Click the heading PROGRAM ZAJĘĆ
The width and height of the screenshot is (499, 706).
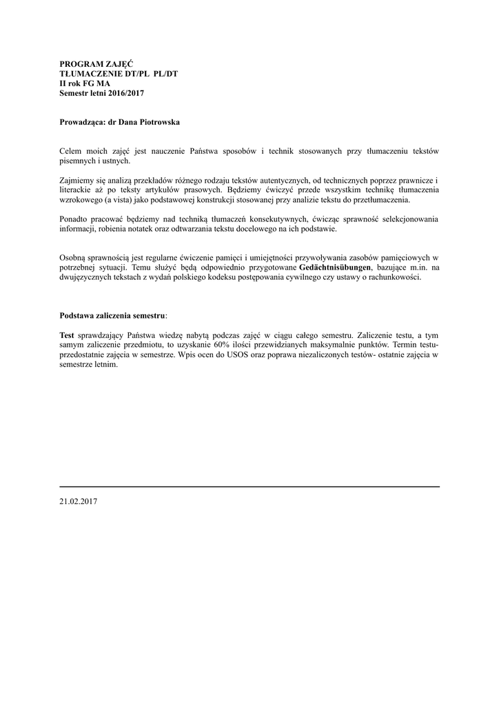click(91, 64)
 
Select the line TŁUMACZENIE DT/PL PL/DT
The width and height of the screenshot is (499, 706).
click(119, 74)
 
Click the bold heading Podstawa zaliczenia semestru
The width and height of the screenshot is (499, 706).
click(112, 315)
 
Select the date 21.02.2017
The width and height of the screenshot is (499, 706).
click(79, 502)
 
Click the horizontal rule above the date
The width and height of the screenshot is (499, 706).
click(250, 487)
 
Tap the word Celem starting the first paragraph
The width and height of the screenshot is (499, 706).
click(71, 151)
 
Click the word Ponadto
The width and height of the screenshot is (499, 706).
click(74, 219)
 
